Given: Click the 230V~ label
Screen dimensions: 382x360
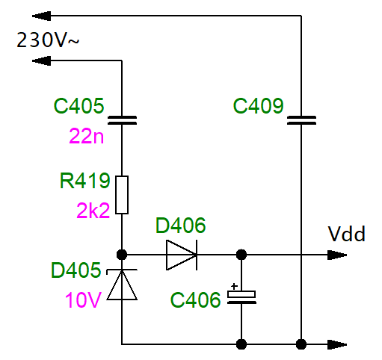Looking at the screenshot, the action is tap(48, 40).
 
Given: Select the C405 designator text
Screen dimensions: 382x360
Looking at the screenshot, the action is tap(79, 106).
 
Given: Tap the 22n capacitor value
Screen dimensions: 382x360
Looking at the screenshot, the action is tap(86, 136).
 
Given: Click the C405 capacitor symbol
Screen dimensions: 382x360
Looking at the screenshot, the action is tap(122, 120).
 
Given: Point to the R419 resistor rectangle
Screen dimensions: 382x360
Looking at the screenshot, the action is tap(122, 195).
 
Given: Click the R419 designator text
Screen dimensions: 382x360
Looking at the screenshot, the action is tap(84, 181).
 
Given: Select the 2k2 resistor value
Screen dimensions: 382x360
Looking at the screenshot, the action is tap(93, 211).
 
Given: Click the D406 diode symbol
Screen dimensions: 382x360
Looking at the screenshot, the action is tap(182, 255).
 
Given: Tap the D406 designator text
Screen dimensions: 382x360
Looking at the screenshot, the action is tap(181, 226).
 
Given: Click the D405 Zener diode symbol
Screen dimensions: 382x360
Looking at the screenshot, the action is tap(122, 285).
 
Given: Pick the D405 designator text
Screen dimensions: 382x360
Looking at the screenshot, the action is tap(76, 270).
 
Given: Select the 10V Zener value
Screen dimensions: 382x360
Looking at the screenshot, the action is tap(83, 300).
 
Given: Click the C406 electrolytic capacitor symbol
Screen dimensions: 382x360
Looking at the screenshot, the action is tap(241, 297).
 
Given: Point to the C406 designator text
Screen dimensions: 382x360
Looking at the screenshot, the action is tap(196, 300).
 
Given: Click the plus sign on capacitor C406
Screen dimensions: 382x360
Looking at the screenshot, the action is tap(234, 286).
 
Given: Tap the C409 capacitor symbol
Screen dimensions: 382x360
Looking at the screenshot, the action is tap(301, 120).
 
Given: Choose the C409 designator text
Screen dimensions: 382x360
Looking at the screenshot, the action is tap(259, 106).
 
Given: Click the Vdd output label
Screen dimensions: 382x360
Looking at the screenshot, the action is tap(347, 234).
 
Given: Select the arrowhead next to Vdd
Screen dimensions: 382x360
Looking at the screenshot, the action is tap(337, 255).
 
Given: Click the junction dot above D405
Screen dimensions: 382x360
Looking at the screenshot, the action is tap(122, 255).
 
